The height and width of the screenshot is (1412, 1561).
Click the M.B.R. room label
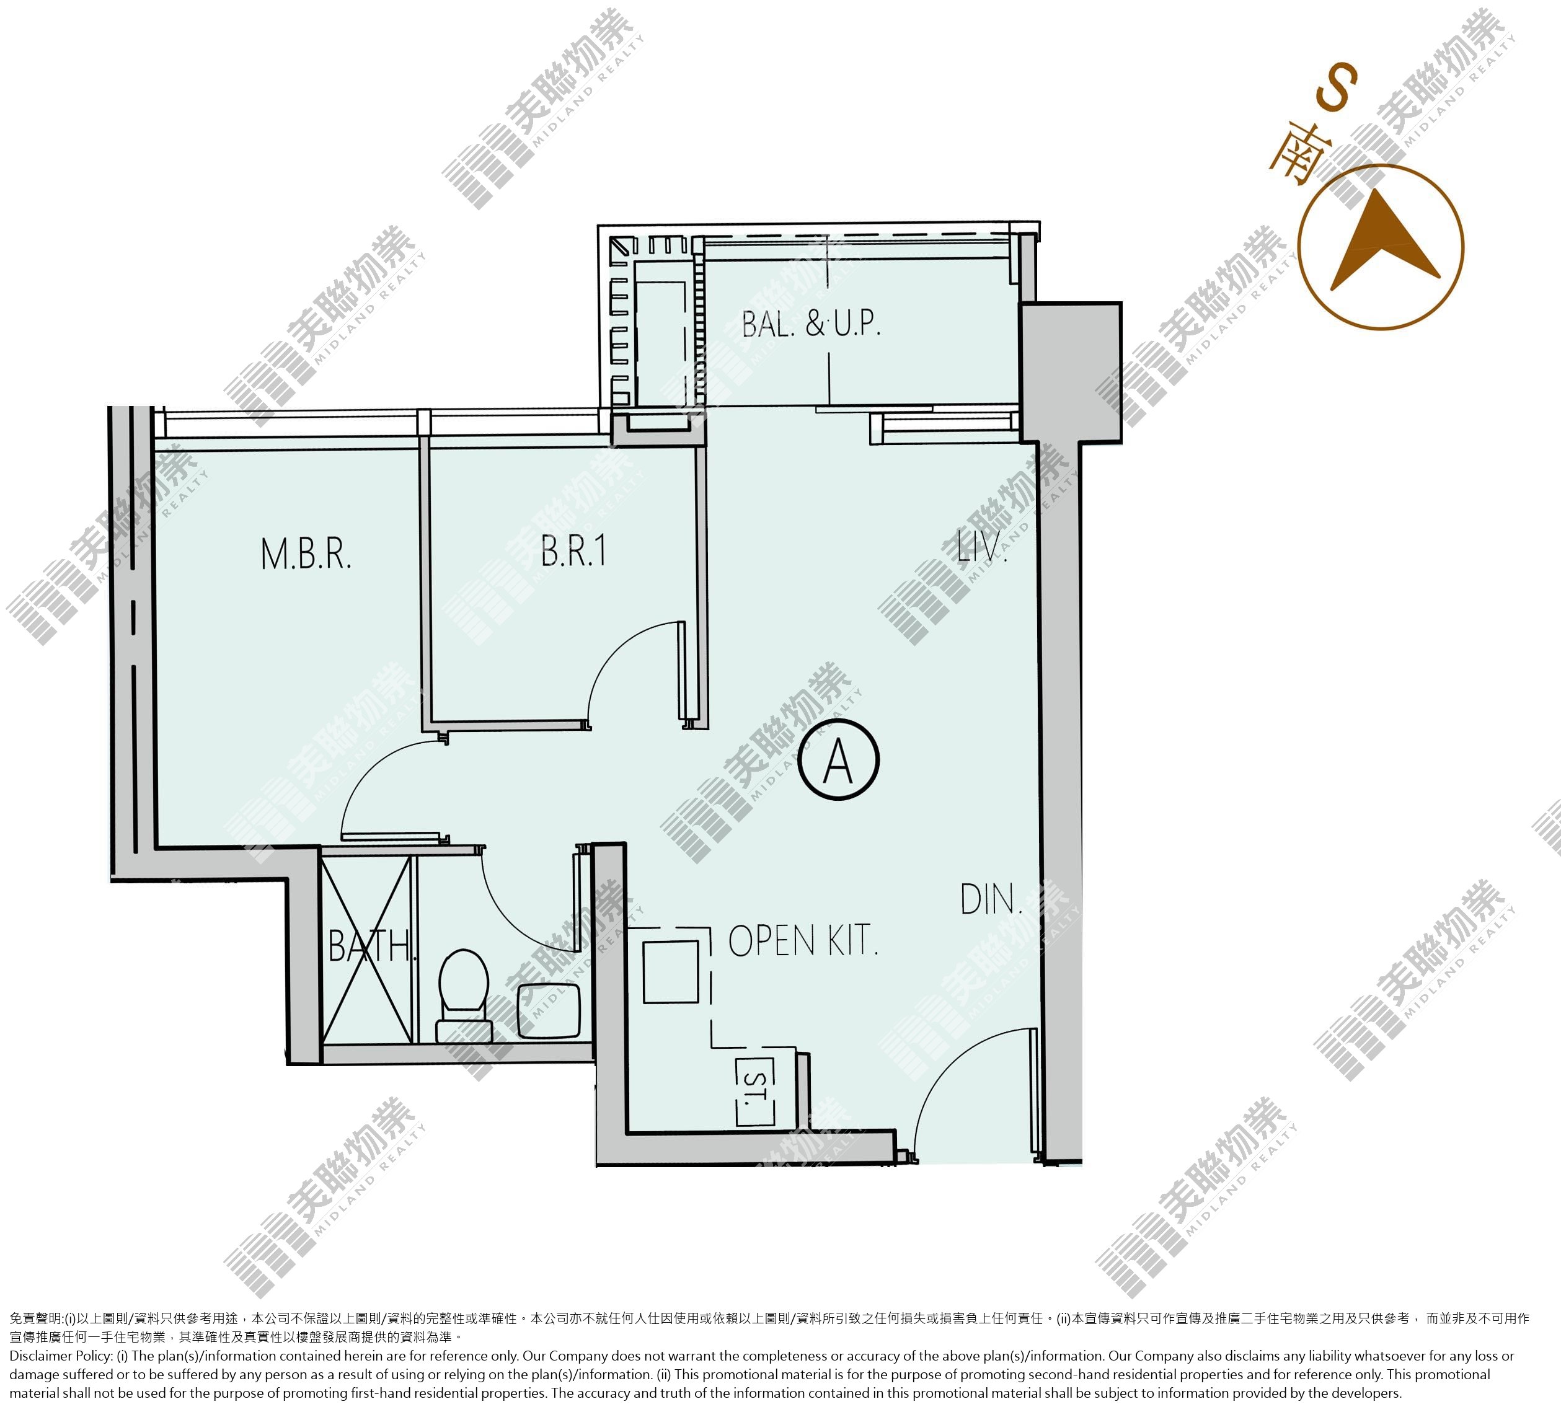(x=306, y=554)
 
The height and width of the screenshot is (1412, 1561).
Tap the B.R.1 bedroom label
(x=574, y=550)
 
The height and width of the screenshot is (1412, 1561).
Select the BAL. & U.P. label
(x=811, y=324)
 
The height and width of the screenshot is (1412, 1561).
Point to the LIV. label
(x=983, y=545)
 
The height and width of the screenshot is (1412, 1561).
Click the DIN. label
(x=991, y=899)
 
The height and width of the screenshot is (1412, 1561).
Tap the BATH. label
(x=373, y=945)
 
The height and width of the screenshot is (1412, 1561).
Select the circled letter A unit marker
(x=839, y=759)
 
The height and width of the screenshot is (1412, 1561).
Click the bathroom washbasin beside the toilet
(x=548, y=1011)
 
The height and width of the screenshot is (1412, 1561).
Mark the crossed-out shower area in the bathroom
(x=366, y=948)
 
